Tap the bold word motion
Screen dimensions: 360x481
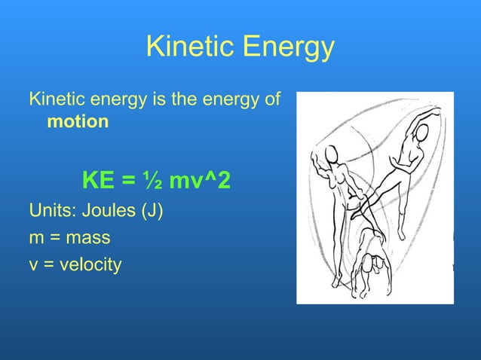pyautogui.click(x=78, y=121)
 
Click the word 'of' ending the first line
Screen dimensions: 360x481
pyautogui.click(x=272, y=99)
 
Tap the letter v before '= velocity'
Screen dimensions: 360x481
pyautogui.click(x=34, y=267)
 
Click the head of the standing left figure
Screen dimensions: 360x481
pyautogui.click(x=329, y=155)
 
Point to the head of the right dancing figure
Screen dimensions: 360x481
pyautogui.click(x=421, y=133)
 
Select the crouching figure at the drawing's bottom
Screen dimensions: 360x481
pyautogui.click(x=372, y=256)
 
